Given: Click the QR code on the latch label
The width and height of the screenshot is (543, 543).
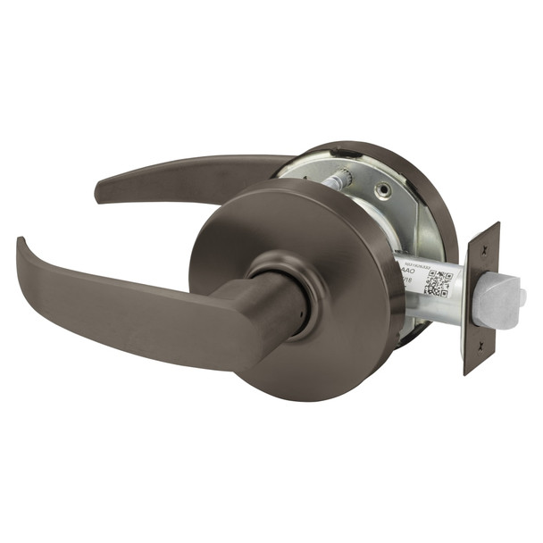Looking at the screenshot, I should (437, 281).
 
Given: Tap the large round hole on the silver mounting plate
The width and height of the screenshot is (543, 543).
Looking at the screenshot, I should (384, 189).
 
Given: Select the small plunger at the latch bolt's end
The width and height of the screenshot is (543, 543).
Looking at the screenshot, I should (522, 296).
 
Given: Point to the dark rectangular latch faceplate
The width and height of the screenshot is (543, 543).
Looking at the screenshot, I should (480, 299).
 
